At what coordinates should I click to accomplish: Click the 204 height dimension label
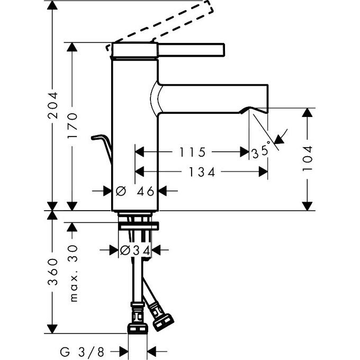click(52, 105)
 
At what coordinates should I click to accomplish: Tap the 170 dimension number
click(73, 125)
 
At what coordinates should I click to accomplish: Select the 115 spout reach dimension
click(192, 152)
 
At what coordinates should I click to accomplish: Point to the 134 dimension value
click(202, 172)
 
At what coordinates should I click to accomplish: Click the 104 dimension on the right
click(308, 158)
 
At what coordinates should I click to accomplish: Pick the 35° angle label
click(261, 151)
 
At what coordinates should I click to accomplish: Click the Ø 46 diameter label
click(135, 191)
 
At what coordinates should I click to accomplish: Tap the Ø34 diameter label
click(135, 250)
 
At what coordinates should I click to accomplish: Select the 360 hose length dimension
click(52, 272)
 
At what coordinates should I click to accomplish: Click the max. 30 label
click(74, 274)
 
